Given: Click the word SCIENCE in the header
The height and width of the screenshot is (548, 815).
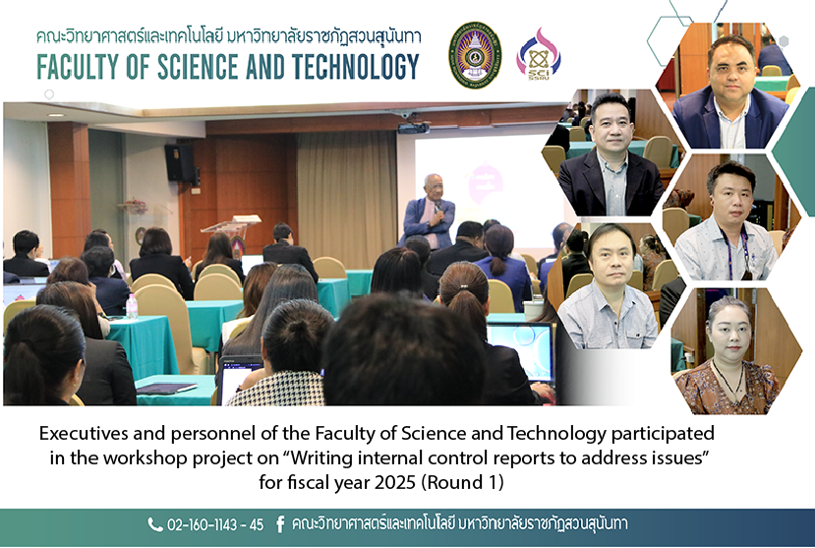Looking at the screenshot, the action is coord(198,67).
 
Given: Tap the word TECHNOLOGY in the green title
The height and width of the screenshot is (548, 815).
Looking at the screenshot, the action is coord(356,67).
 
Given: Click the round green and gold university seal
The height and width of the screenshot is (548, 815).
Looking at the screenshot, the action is coord(475,54).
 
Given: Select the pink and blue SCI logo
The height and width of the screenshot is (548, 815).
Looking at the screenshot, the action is coord(538,53).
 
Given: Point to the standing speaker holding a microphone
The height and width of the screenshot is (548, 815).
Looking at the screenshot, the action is coord(429,212).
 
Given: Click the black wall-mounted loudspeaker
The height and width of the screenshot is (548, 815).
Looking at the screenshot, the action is coord(180,162).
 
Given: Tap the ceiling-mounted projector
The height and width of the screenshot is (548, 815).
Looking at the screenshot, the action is coord(413,126).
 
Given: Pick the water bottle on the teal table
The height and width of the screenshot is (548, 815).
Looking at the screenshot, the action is coord(132,306).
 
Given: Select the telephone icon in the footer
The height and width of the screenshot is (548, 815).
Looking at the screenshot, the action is coord(155,524).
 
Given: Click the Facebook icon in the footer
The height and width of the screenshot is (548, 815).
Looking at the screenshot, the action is coord(279,524).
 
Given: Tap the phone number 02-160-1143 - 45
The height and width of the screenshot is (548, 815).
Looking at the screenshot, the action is coord(214,524).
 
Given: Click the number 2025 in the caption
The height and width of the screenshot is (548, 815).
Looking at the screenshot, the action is coord(394,482).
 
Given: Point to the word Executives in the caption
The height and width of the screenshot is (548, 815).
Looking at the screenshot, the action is coord(84,433).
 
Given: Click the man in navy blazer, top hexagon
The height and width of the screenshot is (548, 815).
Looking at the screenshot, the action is coord(730,93).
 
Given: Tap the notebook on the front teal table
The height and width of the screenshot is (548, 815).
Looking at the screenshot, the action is coord(166,389).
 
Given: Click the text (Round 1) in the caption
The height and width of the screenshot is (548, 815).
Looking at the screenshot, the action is coord(462,482).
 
